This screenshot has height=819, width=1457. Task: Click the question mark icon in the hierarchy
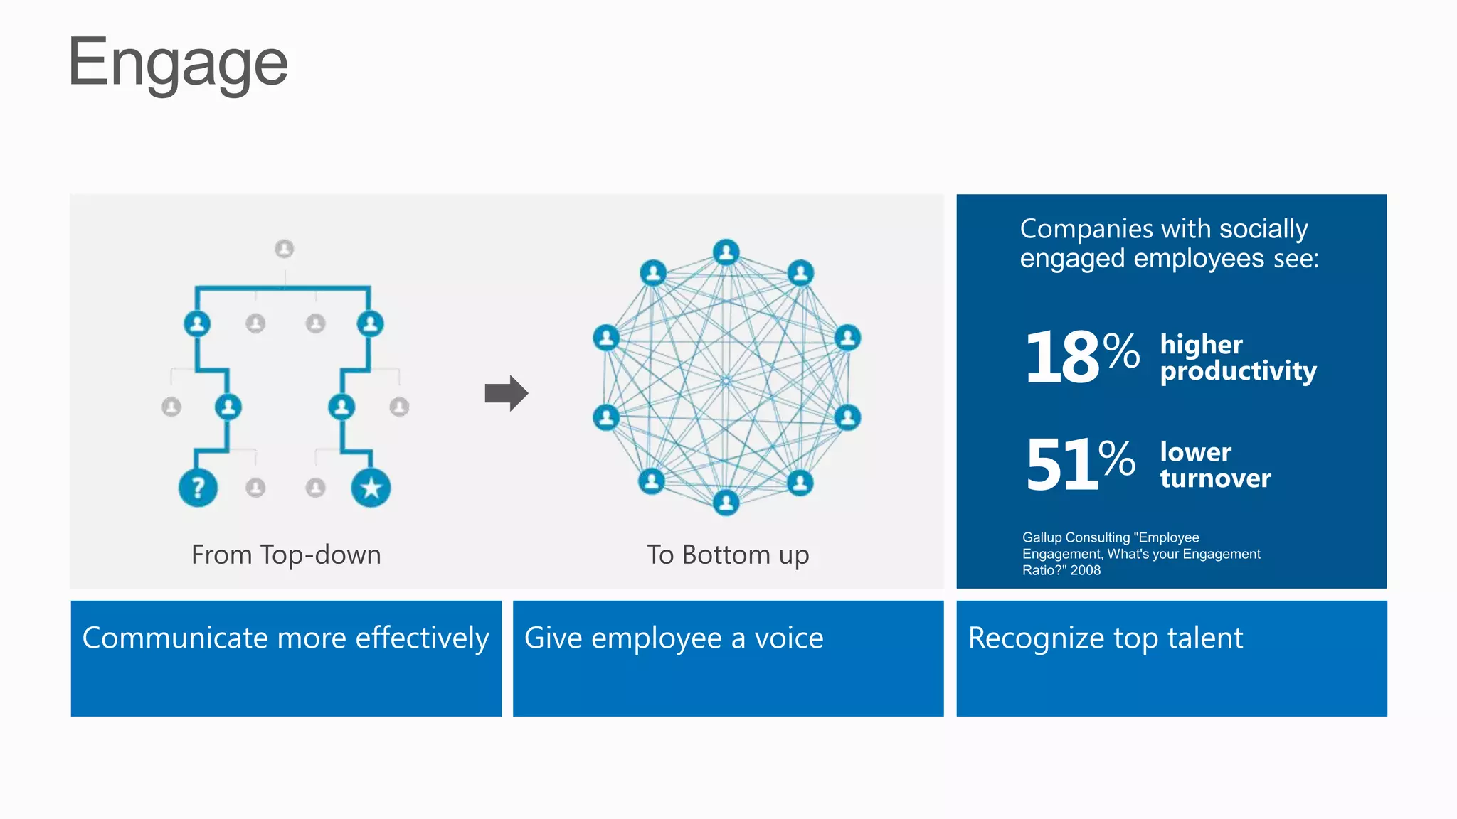click(x=198, y=488)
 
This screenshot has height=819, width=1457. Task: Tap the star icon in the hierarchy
click(x=371, y=488)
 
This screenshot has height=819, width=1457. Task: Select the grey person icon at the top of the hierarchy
click(x=285, y=249)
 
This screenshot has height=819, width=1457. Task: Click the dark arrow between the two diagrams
click(x=506, y=393)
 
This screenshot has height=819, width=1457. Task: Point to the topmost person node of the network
click(x=726, y=252)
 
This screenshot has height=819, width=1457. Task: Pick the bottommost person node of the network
click(x=726, y=503)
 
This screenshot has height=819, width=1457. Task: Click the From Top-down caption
click(x=286, y=555)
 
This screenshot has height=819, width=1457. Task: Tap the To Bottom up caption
click(x=728, y=555)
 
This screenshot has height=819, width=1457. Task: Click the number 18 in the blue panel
click(x=1062, y=357)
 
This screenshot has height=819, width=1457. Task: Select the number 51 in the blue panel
click(x=1061, y=465)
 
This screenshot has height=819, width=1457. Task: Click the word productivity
click(x=1238, y=371)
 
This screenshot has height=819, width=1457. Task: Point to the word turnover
click(x=1215, y=478)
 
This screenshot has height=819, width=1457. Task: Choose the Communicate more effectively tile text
click(x=286, y=638)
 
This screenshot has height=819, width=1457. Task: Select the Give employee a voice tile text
click(x=674, y=638)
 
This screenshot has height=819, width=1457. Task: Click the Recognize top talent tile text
click(x=1106, y=638)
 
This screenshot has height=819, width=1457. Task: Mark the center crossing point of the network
click(x=726, y=381)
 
